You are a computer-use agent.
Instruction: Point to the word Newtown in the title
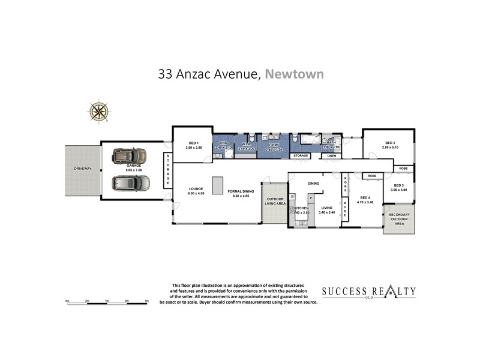click(x=295, y=74)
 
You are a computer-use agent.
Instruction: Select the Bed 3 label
click(x=400, y=187)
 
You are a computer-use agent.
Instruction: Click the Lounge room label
click(x=196, y=191)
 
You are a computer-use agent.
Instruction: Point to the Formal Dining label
click(x=241, y=191)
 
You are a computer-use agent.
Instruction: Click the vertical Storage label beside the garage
click(x=168, y=169)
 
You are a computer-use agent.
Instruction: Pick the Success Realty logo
click(x=368, y=293)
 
